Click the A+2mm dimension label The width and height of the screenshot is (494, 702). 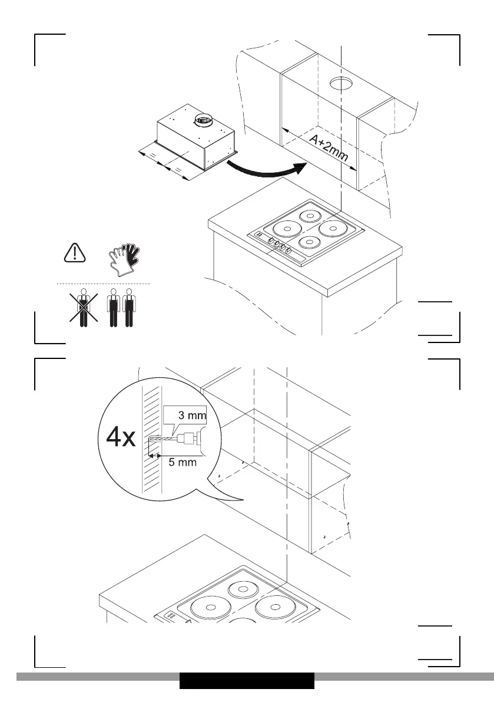point(329,149)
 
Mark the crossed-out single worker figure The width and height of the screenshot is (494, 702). point(84,308)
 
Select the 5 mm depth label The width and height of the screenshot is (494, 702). point(183,463)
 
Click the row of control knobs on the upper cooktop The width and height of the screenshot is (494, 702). point(278,243)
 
